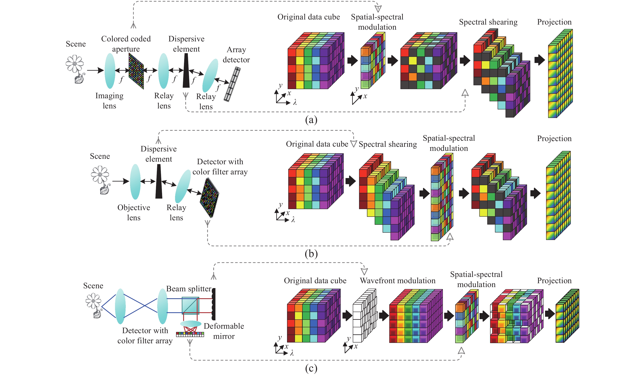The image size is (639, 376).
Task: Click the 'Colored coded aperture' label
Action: tap(126, 44)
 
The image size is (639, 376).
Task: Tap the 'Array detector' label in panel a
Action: tap(236, 55)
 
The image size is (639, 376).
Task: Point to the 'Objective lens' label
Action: tap(134, 212)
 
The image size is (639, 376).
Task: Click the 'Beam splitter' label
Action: tap(189, 289)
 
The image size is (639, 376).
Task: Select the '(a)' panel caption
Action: tap(311, 120)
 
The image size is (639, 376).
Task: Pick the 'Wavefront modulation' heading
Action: tap(397, 281)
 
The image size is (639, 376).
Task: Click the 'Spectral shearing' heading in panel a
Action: tap(488, 22)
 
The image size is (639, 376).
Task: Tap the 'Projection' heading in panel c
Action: tap(554, 281)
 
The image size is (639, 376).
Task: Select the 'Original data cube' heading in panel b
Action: tap(317, 144)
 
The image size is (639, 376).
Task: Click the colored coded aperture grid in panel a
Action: tap(136, 71)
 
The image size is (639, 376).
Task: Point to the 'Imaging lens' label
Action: tap(109, 100)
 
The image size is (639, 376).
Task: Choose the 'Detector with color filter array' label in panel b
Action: tap(220, 167)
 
